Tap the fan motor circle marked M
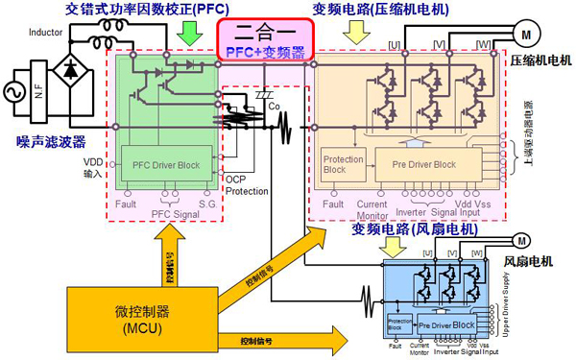[522, 239]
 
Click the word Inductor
[45, 33]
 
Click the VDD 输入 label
[92, 170]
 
